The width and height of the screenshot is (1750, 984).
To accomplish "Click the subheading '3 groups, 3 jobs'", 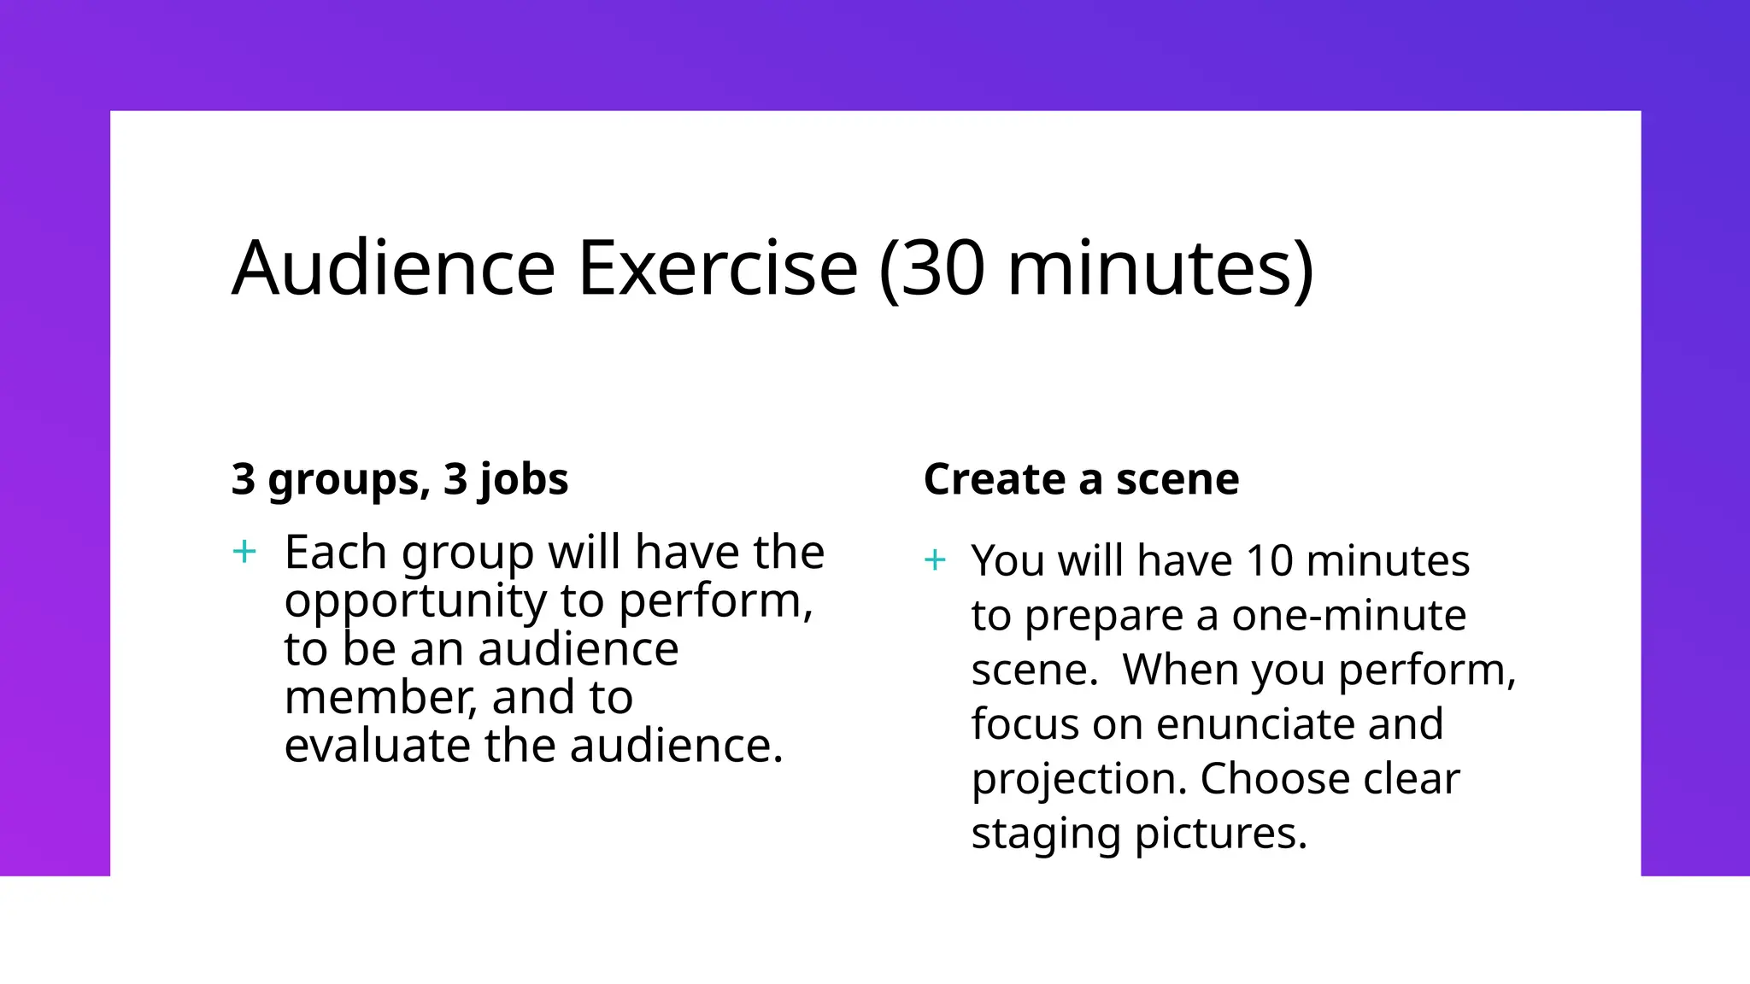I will click(x=400, y=479).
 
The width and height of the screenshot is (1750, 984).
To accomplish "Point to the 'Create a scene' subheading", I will click(x=1081, y=479).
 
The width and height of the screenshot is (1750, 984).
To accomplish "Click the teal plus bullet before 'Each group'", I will click(x=244, y=552).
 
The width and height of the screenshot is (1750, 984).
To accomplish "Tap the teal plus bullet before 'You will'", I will click(x=936, y=560).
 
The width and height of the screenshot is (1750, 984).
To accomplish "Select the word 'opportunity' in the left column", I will click(x=415, y=601).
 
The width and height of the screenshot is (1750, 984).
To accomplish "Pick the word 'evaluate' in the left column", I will click(x=377, y=746).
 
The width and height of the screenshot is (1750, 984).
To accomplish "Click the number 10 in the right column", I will click(x=1269, y=561).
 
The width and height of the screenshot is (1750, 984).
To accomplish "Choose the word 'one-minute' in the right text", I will click(x=1349, y=616).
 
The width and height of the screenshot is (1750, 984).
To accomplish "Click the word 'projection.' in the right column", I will click(x=1079, y=780).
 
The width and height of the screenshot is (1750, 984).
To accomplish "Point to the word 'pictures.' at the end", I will click(x=1222, y=834).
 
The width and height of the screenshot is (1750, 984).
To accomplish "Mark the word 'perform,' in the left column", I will click(x=715, y=601).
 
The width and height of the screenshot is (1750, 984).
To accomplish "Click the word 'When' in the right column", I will click(x=1180, y=670).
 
